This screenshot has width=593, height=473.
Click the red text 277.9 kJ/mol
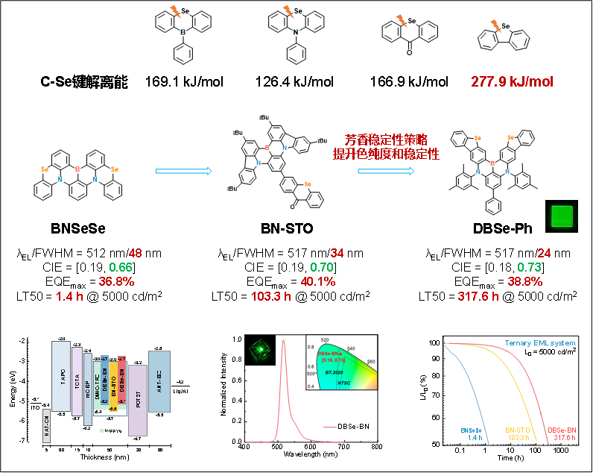[512, 81]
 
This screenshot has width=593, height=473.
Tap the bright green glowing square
[562, 216]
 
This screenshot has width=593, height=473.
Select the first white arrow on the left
[183, 171]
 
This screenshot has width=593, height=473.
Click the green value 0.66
[121, 268]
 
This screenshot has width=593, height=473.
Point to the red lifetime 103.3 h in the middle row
[270, 296]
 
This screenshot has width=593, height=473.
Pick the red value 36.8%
[116, 282]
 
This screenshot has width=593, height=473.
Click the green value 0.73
[529, 268]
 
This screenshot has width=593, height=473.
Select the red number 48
[135, 254]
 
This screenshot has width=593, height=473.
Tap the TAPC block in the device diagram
[61, 376]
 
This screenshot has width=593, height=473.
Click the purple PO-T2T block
[138, 401]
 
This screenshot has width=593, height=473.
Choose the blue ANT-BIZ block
[159, 381]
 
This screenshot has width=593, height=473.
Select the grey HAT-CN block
[46, 426]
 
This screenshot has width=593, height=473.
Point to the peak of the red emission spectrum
[283, 342]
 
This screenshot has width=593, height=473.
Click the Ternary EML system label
[539, 343]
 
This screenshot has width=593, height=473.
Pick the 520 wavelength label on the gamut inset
[325, 339]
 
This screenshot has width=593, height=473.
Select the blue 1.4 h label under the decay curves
[475, 438]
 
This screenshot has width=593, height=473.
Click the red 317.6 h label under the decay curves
[563, 438]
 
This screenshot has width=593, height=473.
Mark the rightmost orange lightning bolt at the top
[496, 26]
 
